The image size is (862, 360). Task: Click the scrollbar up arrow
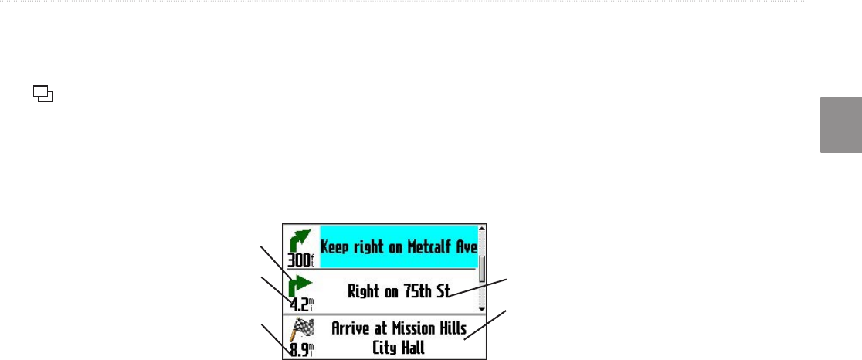482,229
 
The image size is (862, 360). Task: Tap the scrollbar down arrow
482,307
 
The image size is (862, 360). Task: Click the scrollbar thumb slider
482,269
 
